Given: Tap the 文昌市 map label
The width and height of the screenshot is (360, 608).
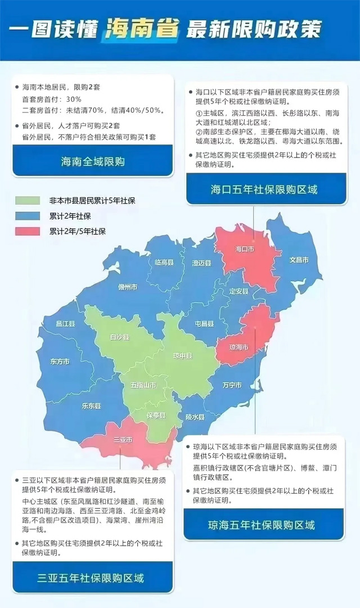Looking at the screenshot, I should (299, 260).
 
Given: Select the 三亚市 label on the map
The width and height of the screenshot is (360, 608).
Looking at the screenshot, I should (122, 439).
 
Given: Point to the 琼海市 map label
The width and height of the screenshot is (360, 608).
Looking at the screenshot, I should (238, 348).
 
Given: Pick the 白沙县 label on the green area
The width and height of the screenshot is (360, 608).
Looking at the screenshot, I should (119, 337).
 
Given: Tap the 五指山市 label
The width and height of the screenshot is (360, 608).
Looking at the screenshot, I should (144, 385).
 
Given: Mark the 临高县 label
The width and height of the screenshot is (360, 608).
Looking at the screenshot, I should (165, 262).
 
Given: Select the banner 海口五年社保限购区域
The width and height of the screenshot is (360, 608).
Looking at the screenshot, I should (264, 189).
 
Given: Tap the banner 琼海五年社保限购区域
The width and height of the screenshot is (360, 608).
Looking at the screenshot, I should (264, 525).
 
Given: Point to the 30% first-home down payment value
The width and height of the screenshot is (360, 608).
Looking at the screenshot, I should (74, 99).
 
